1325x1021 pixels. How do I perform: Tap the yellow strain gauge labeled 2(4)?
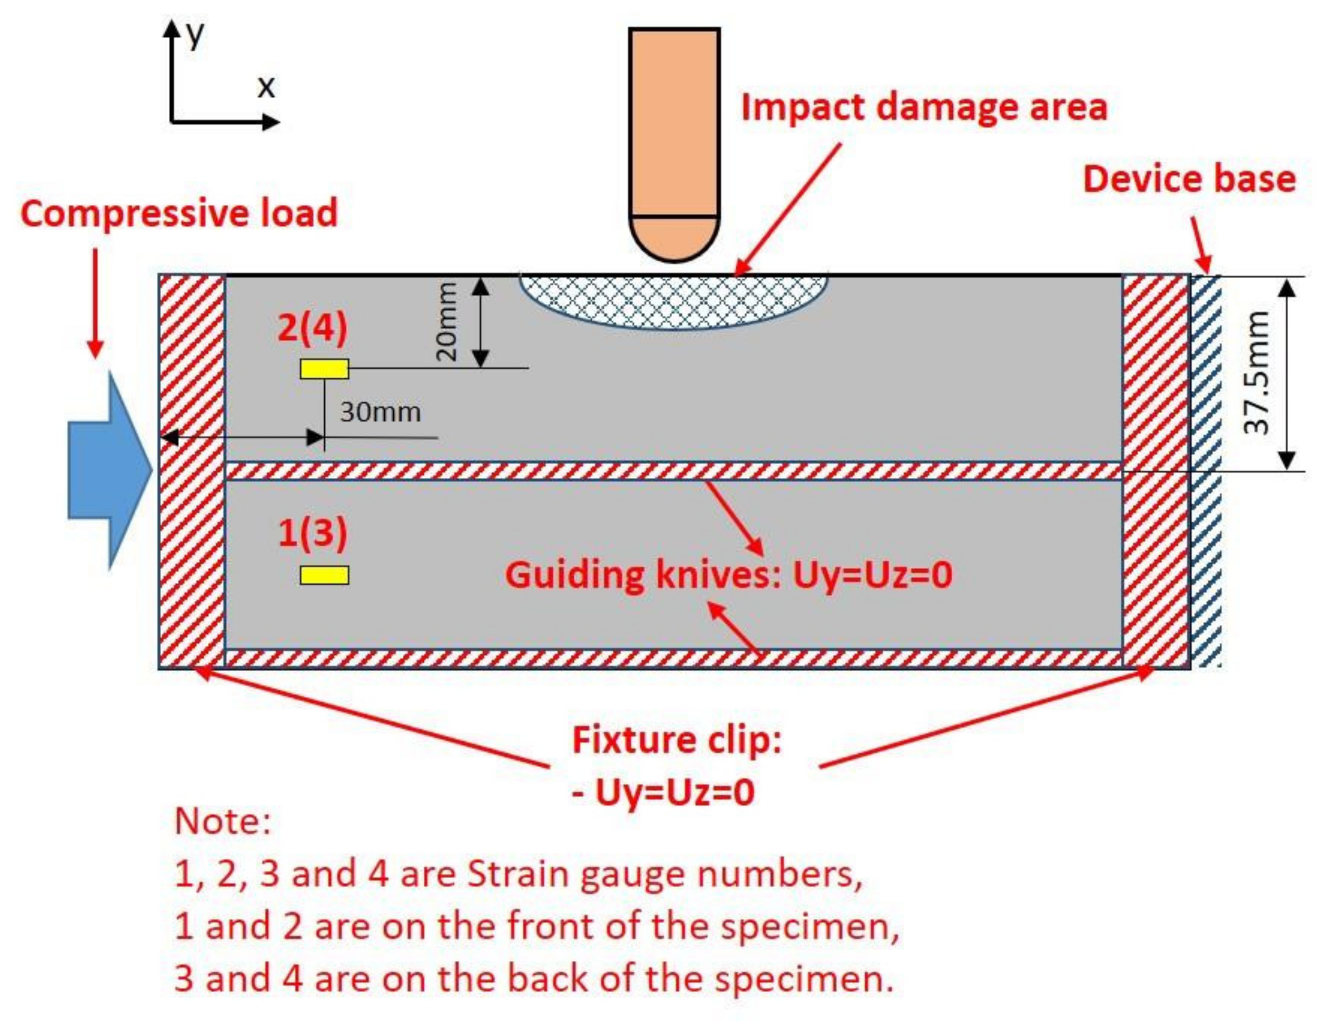[x=324, y=368]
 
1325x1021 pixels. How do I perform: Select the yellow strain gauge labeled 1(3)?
[x=324, y=575]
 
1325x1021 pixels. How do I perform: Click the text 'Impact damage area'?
[x=924, y=107]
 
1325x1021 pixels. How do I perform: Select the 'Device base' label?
[x=1189, y=180]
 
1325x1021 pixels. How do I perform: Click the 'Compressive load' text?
[x=179, y=214]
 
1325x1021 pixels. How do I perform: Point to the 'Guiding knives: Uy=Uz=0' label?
[x=729, y=575]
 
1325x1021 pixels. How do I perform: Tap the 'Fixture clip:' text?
[x=677, y=740]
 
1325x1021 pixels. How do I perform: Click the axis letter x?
[x=266, y=87]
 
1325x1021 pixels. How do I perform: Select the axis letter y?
[x=195, y=35]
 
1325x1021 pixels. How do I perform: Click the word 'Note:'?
[x=222, y=821]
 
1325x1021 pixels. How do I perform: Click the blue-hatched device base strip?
[x=1206, y=471]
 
